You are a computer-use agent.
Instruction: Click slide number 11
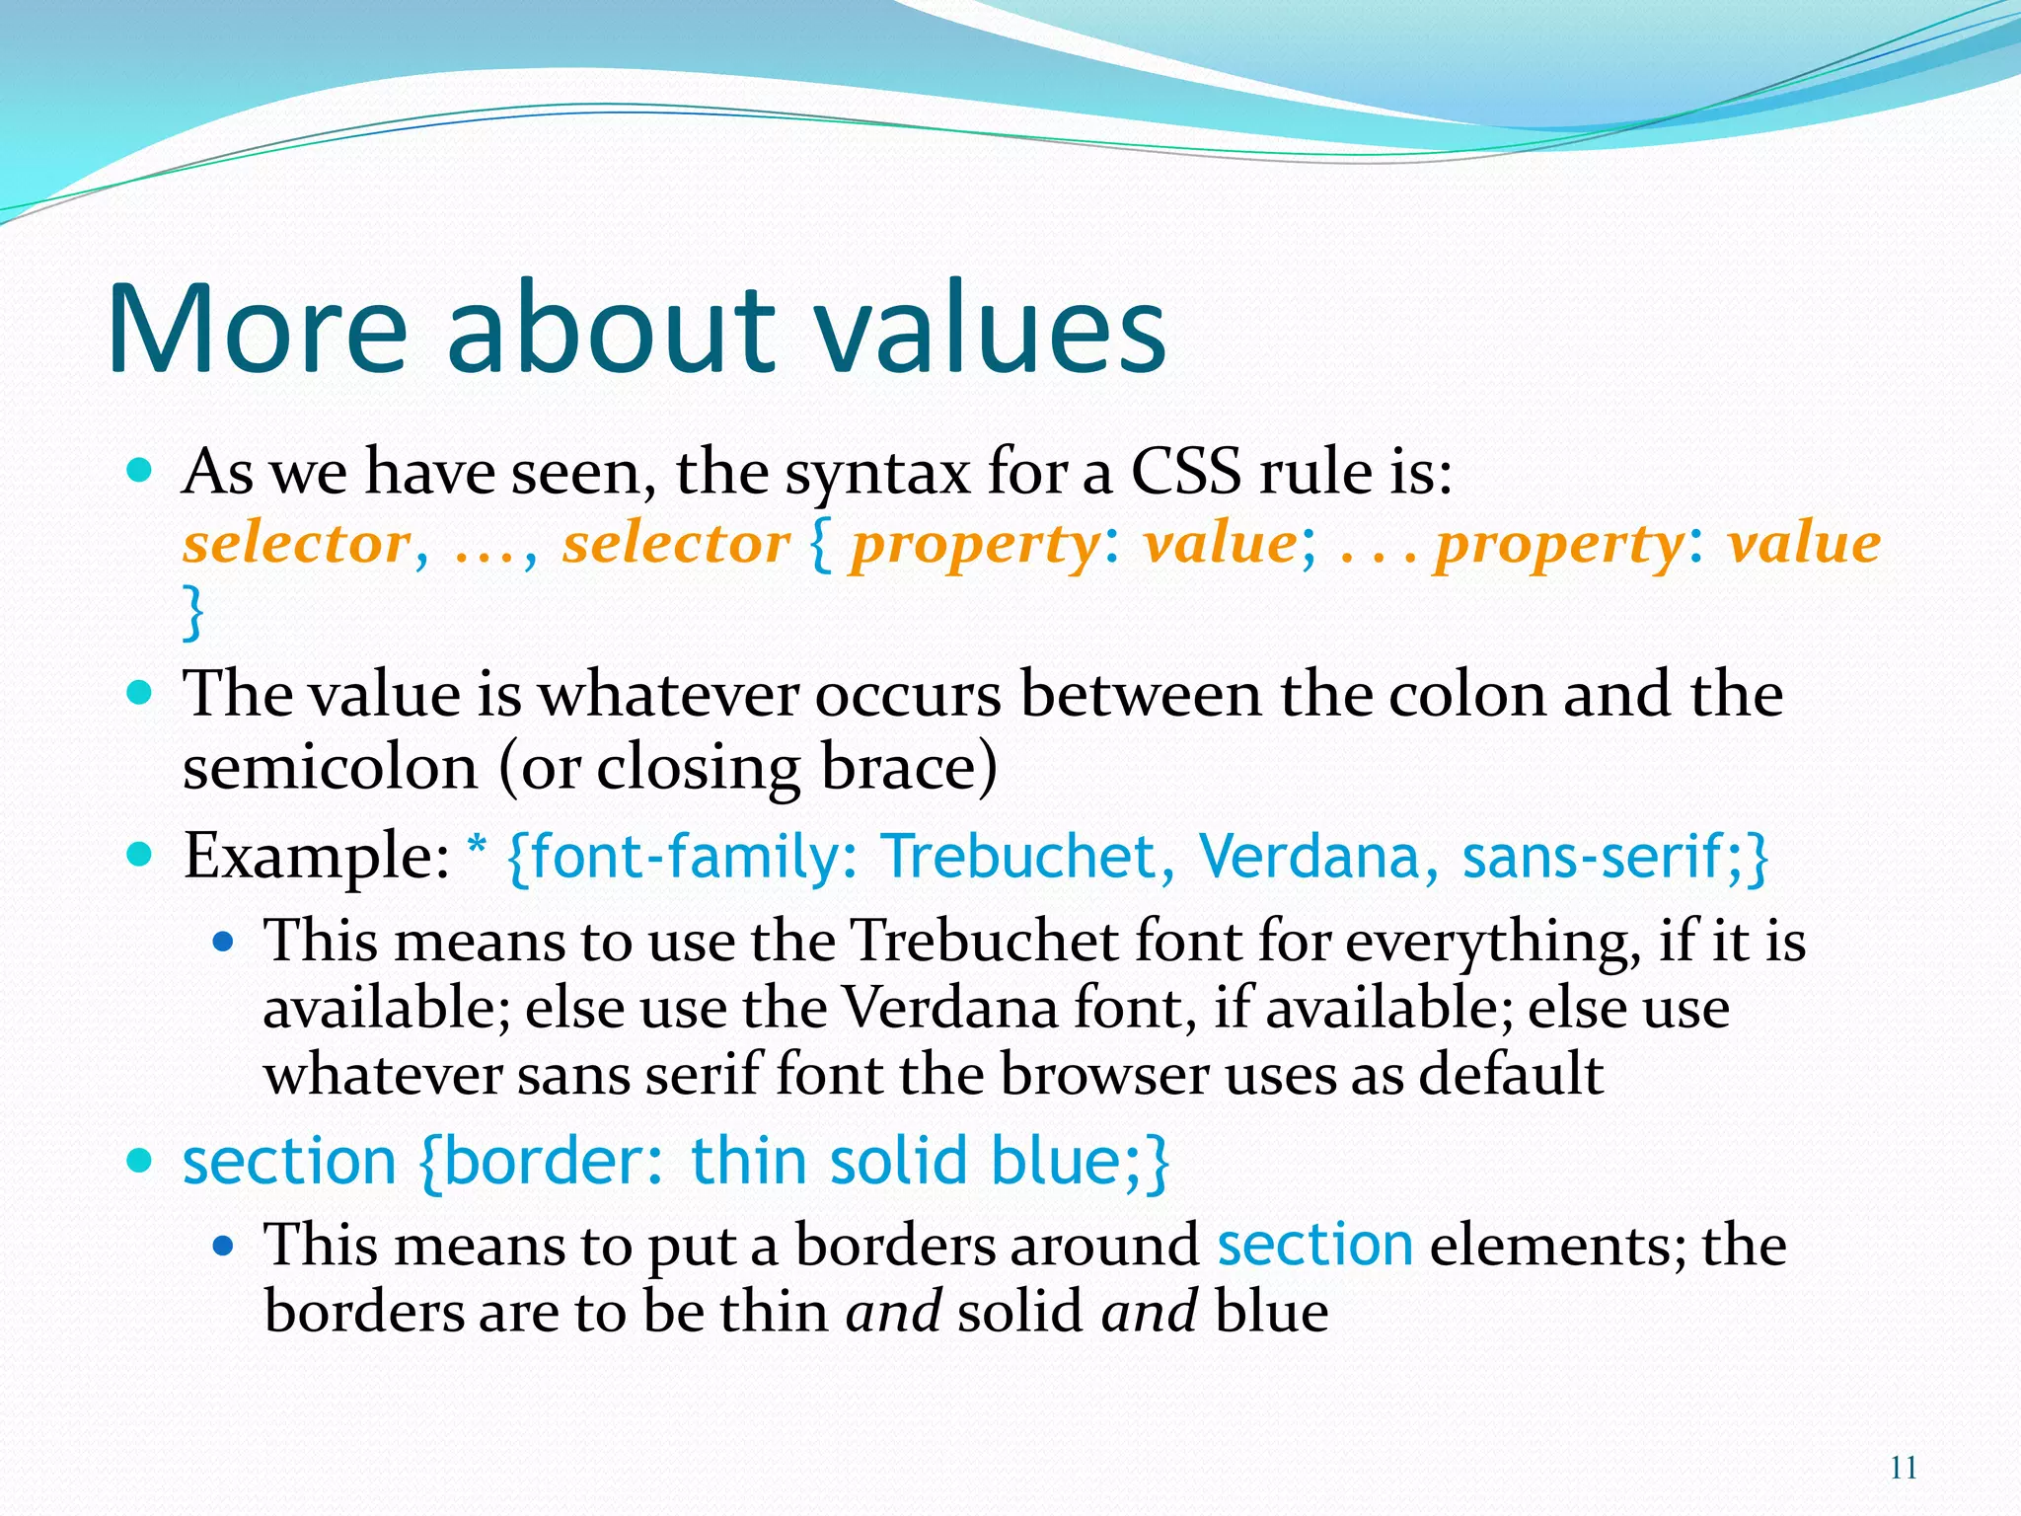point(1904,1468)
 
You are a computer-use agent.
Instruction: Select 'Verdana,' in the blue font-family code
point(1317,856)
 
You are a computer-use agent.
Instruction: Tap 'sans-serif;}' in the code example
point(1614,856)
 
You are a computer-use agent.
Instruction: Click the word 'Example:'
point(317,856)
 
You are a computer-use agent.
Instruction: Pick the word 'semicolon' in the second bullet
point(330,767)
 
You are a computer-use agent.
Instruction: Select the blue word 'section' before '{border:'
point(289,1161)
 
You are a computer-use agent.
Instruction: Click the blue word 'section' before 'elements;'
point(1314,1245)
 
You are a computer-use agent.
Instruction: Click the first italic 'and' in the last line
point(893,1313)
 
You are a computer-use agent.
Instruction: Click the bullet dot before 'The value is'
point(141,691)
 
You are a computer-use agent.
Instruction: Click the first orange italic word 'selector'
point(297,544)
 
